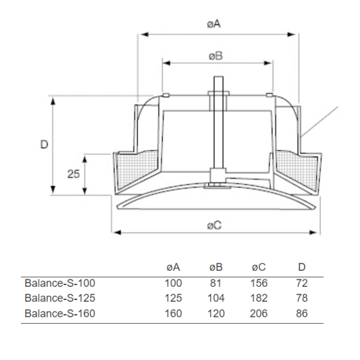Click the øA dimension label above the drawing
pos(214,23)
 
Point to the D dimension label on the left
pos(44,144)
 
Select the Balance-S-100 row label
pos(60,283)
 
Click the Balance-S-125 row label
pos(60,298)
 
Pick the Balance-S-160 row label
pos(60,313)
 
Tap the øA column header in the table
pos(173,268)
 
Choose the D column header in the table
pos(302,268)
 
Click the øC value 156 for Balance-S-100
pos(259,283)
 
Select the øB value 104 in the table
pos(216,298)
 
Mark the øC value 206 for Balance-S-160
pos(259,313)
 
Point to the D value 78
pos(302,298)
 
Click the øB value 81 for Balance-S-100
pos(216,283)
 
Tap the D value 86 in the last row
pos(302,313)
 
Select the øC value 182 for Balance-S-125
pos(259,298)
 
